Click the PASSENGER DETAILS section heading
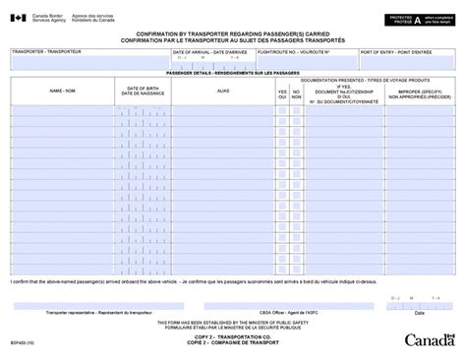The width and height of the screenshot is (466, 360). (x=225, y=74)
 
